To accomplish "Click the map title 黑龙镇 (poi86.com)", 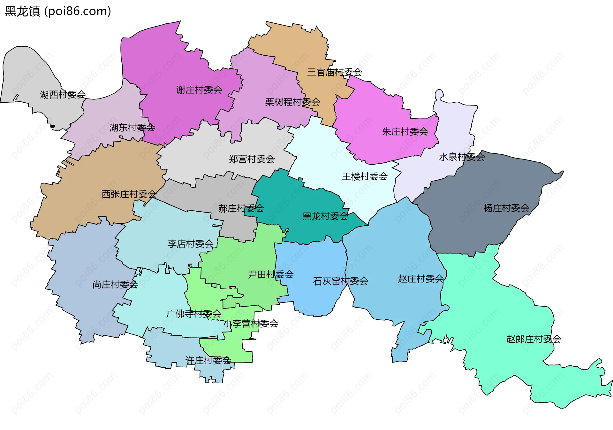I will click(58, 12).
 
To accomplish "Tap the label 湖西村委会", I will click(63, 95).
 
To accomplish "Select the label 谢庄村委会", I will click(199, 90).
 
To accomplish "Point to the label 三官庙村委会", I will click(334, 72).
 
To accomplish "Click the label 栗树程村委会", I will click(292, 102).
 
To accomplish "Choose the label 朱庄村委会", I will click(405, 132).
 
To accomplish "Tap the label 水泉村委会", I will click(462, 157).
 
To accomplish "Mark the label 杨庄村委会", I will click(506, 208).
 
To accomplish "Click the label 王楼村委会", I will click(365, 176).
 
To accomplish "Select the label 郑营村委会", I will click(252, 159).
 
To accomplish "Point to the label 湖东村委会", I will click(132, 128).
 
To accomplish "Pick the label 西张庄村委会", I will click(129, 194).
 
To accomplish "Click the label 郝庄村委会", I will click(241, 209).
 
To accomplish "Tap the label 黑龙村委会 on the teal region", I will click(325, 216).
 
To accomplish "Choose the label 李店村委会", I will click(190, 244).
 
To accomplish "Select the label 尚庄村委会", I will click(115, 285).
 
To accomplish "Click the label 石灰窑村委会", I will click(340, 281).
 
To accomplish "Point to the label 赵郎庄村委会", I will click(534, 339).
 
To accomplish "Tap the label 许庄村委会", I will click(208, 361).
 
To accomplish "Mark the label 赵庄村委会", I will click(421, 279).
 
